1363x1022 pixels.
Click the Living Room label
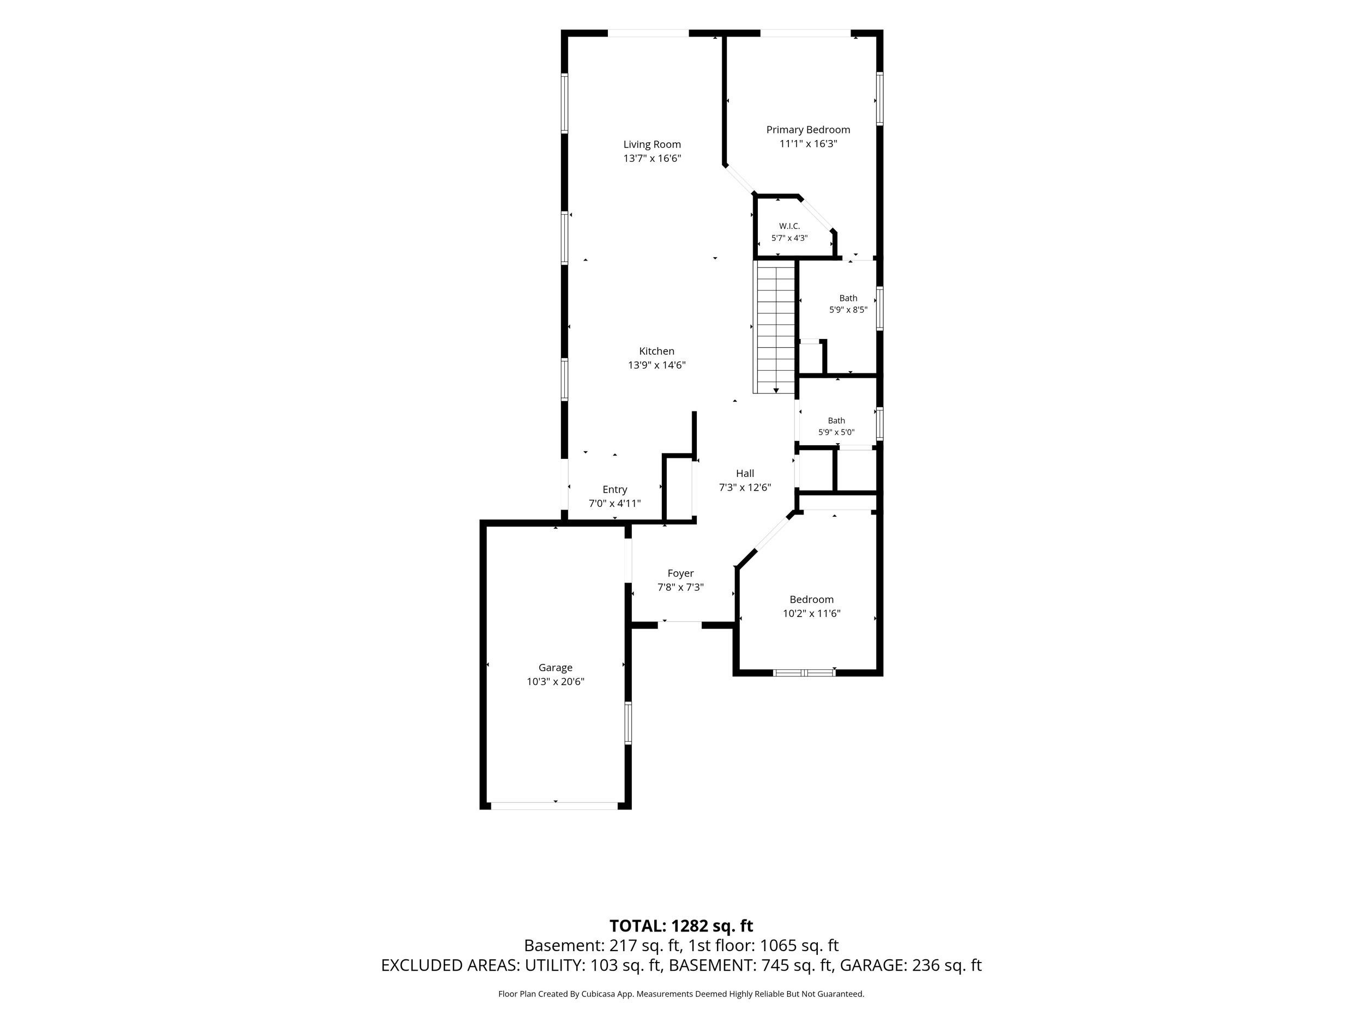click(652, 144)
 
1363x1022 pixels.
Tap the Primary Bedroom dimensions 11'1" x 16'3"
click(808, 143)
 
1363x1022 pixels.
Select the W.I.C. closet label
click(789, 226)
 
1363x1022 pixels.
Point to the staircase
click(775, 326)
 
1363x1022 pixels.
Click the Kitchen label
click(656, 351)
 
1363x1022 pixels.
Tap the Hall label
click(745, 473)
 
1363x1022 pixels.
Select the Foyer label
click(680, 573)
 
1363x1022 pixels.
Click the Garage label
click(555, 667)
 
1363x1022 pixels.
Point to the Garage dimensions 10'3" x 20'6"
click(555, 681)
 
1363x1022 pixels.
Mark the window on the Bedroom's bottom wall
click(804, 673)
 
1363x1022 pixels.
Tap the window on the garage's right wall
click(628, 723)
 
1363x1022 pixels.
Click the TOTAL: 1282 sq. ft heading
click(681, 926)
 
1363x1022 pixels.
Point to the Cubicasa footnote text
click(681, 994)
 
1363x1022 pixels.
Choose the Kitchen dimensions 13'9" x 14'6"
click(656, 365)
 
